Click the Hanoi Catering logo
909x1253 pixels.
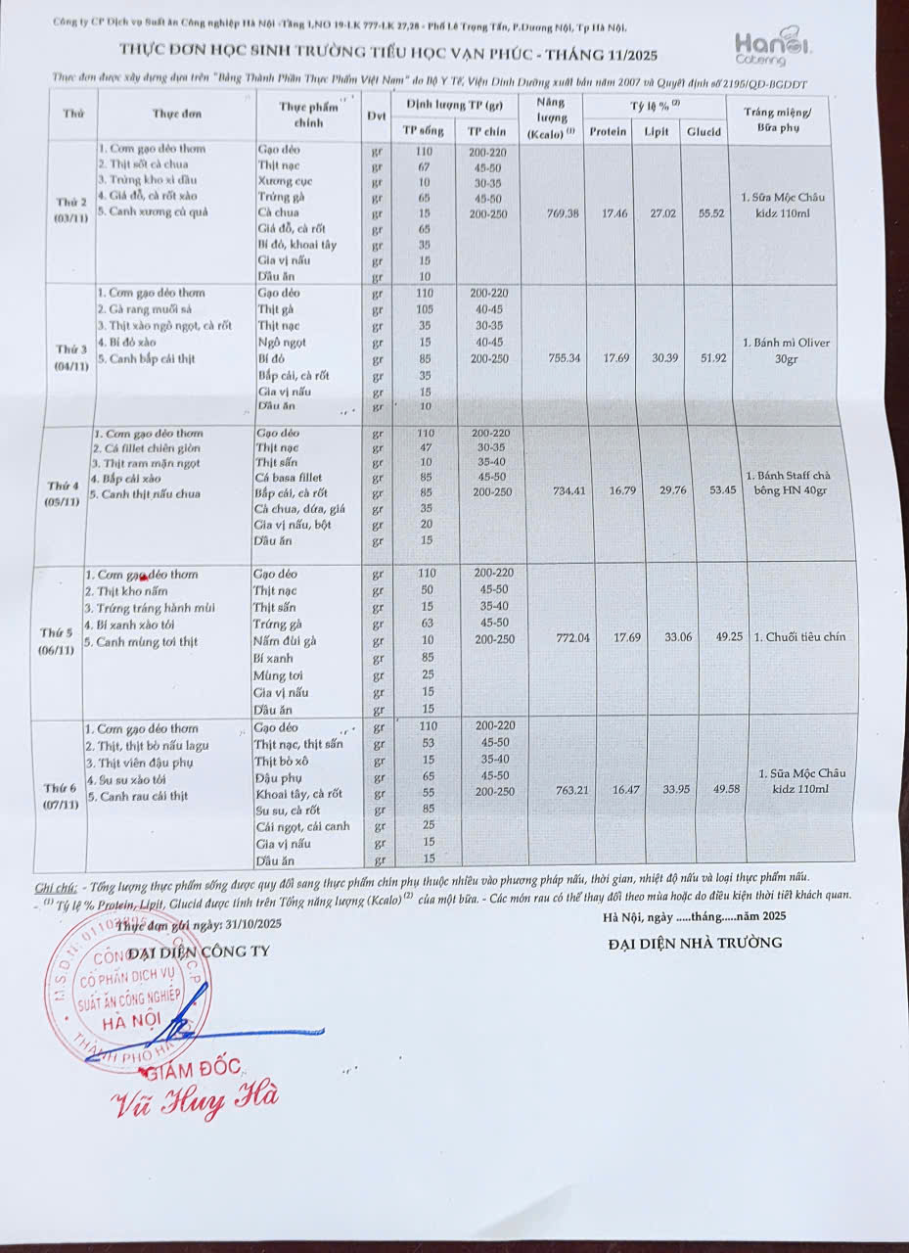[773, 46]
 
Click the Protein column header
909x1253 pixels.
[608, 131]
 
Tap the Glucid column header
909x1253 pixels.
[704, 132]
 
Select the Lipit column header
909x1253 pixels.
[657, 132]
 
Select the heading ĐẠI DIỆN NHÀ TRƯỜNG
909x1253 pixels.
[695, 943]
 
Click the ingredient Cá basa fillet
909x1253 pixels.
[289, 478]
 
